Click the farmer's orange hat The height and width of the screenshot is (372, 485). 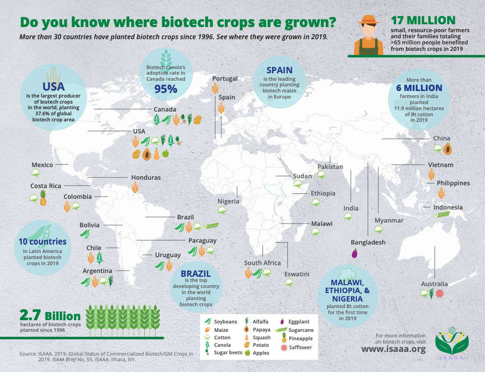click(x=367, y=20)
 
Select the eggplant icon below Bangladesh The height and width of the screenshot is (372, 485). click(x=354, y=253)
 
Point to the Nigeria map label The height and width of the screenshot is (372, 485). click(x=228, y=201)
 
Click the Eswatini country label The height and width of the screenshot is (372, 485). click(x=297, y=274)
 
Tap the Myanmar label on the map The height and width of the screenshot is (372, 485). click(x=389, y=220)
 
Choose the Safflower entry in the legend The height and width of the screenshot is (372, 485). click(x=300, y=347)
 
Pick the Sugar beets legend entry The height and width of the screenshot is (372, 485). click(x=228, y=352)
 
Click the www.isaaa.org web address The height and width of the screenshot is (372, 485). click(x=394, y=349)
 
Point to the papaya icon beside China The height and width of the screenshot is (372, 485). click(x=448, y=149)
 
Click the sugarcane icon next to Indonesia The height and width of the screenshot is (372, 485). click(x=442, y=215)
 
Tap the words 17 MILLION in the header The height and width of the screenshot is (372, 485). click(x=423, y=20)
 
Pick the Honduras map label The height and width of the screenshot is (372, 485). click(x=146, y=177)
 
